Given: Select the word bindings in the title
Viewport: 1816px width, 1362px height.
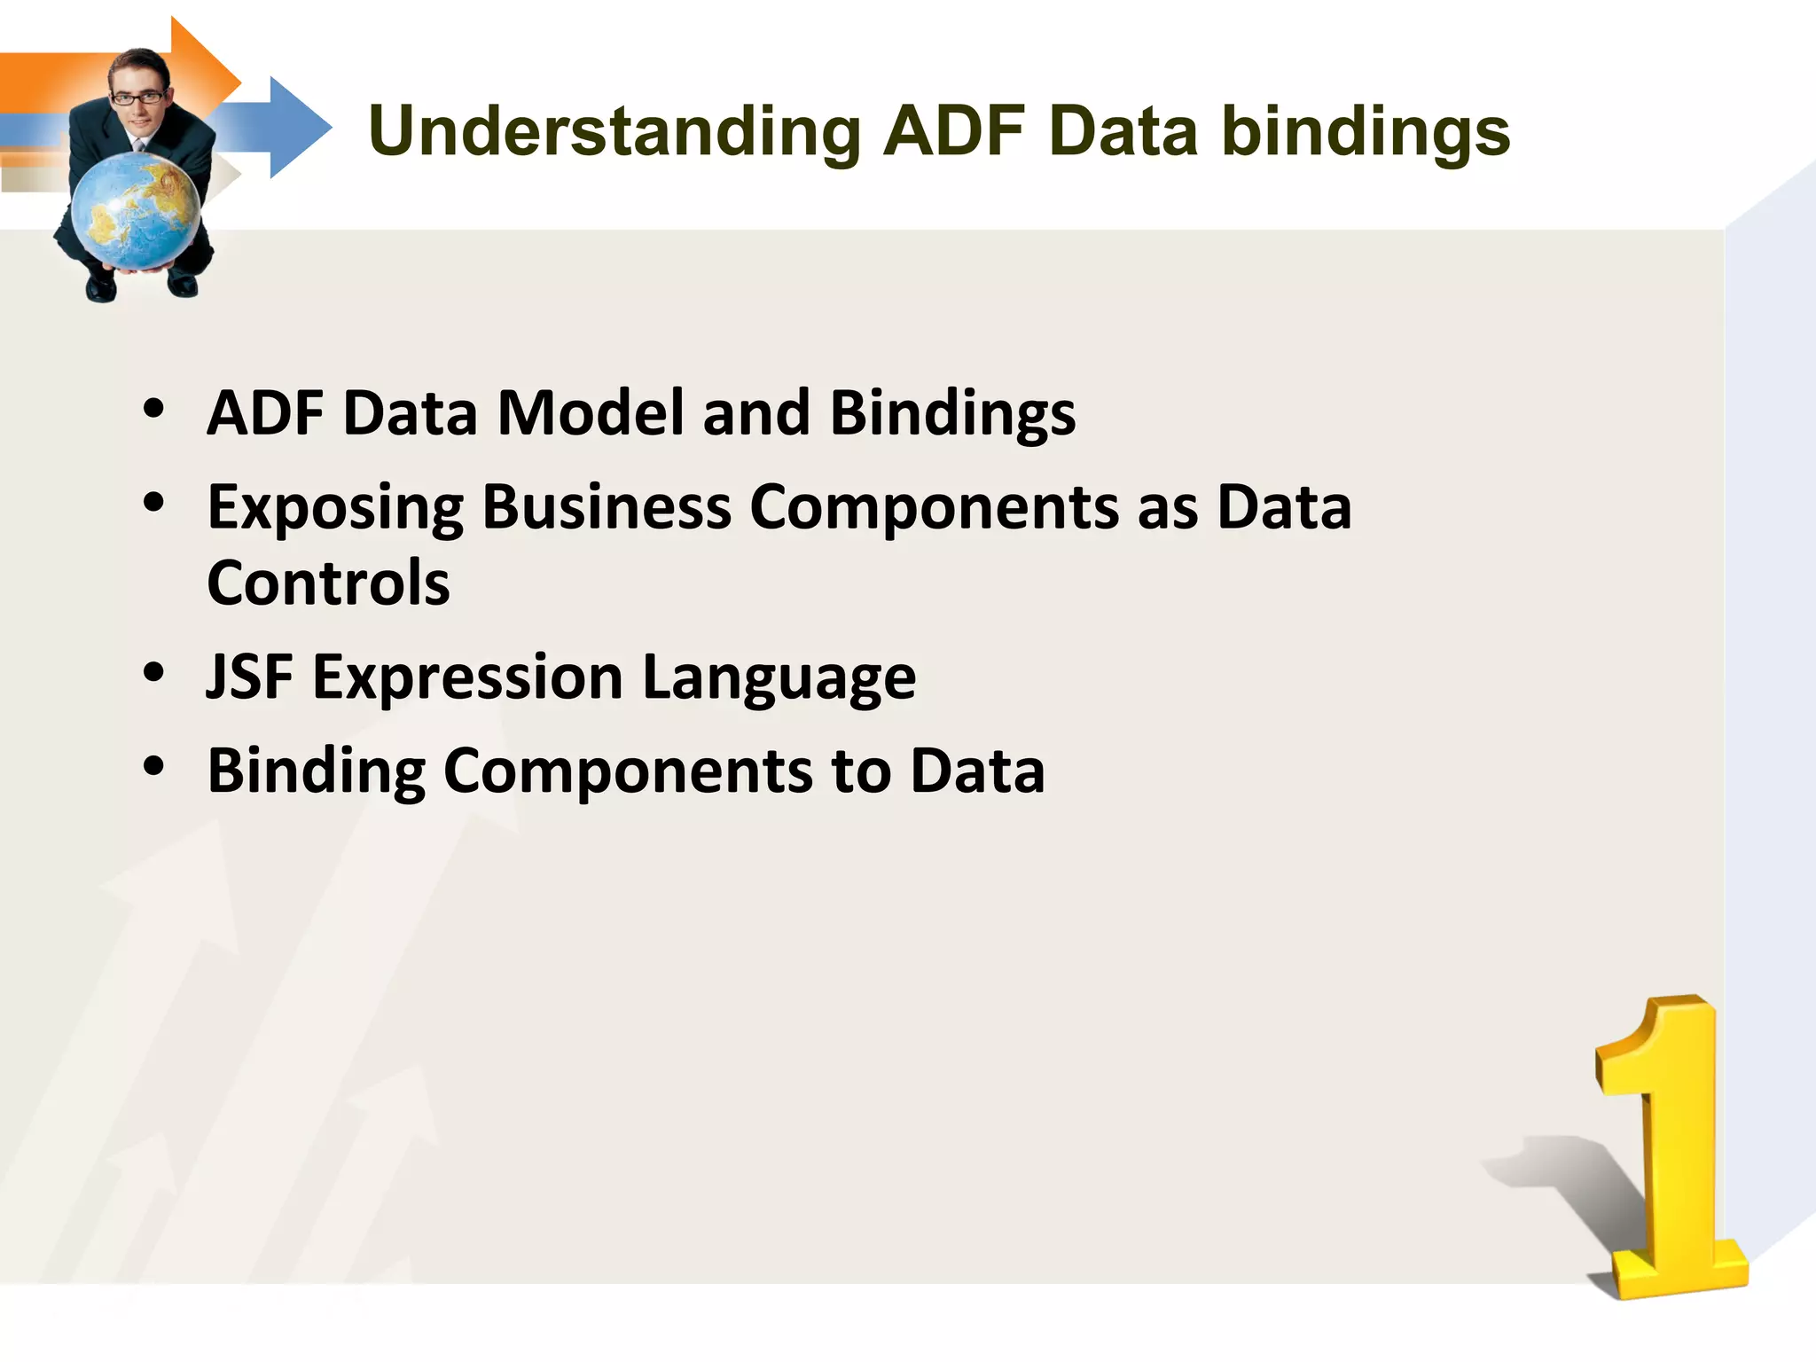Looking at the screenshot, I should click(x=1366, y=132).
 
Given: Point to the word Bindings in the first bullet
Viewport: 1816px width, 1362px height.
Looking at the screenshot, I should click(x=952, y=414).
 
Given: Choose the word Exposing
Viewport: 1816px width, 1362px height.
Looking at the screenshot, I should click(x=334, y=508).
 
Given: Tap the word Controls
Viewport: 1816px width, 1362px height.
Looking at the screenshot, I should click(x=328, y=583).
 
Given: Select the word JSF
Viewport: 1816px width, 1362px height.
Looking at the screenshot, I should click(x=249, y=677).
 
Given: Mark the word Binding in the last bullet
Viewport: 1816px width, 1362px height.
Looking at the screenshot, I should click(x=316, y=771).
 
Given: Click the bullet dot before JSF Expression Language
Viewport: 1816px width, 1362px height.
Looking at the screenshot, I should click(x=153, y=672).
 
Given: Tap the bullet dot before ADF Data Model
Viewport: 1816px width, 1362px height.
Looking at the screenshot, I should click(x=153, y=409).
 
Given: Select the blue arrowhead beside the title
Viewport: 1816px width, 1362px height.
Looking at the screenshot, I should click(x=297, y=128).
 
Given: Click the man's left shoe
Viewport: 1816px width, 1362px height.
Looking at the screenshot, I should click(x=100, y=289).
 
